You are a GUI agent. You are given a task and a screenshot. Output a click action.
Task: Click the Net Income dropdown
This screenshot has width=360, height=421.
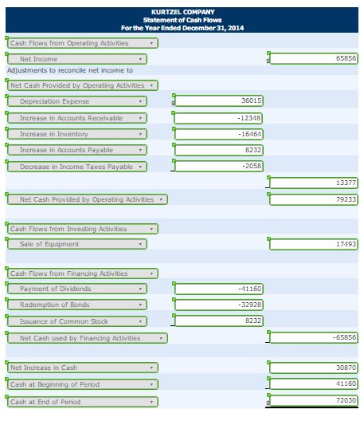(77, 59)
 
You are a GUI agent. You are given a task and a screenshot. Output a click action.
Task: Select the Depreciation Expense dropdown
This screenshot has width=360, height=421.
(77, 101)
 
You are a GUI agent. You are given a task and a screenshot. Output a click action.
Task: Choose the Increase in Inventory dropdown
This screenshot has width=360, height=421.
(77, 134)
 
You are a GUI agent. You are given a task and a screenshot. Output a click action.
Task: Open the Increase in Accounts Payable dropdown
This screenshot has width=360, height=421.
(77, 150)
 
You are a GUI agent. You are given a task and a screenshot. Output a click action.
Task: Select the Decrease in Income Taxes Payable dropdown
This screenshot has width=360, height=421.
(77, 166)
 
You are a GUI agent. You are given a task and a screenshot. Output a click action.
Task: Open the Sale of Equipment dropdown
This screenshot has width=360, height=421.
(77, 244)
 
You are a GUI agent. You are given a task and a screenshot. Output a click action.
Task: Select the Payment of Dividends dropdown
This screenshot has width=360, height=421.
(77, 289)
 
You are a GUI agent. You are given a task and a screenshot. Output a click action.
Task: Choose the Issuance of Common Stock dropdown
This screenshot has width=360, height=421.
(77, 321)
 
